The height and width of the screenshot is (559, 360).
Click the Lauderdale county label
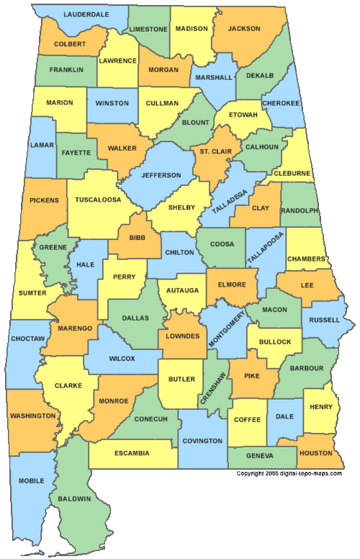point(86,14)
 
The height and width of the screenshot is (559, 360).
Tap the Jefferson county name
point(161,175)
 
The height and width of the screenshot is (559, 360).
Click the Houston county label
point(317,453)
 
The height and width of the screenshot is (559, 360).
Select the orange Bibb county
point(137,238)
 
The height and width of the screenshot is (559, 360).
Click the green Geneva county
point(259,456)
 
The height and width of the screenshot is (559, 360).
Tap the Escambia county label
point(132,453)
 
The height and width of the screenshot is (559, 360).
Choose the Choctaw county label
point(29,338)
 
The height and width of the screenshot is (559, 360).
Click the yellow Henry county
point(320,407)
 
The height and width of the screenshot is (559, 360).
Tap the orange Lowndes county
point(181,336)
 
